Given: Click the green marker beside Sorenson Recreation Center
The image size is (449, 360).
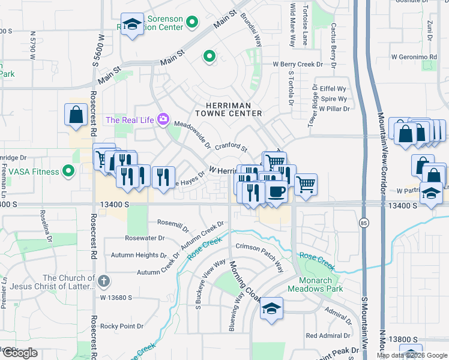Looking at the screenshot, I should [192, 23].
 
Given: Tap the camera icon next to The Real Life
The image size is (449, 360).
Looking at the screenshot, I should [163, 119].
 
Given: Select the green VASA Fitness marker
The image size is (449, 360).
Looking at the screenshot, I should [68, 172].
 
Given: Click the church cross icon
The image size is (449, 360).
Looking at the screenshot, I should [103, 280].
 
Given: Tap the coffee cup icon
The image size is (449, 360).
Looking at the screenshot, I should [276, 191].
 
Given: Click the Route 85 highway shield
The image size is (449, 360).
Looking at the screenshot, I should [364, 223].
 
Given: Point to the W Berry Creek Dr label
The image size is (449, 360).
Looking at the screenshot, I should [298, 64].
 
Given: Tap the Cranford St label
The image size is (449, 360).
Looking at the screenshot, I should [231, 146].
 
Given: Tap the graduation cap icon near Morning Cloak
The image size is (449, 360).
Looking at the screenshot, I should [271, 308].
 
